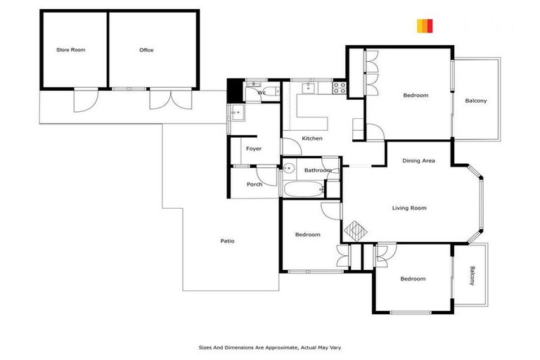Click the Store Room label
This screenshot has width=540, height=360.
[70, 50]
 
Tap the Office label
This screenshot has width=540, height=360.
[146, 50]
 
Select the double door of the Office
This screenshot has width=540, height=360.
[169, 98]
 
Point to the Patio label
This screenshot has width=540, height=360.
[227, 241]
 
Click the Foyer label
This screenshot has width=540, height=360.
[254, 148]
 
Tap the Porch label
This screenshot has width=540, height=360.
[254, 184]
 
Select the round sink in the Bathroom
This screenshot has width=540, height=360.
[288, 168]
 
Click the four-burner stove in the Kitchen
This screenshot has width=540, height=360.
[339, 88]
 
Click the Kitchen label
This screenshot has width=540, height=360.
[312, 139]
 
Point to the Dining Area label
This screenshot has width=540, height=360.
[418, 161]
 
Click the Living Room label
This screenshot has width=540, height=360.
[409, 208]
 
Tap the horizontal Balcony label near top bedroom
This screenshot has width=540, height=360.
[476, 101]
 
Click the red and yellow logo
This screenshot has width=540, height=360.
[425, 26]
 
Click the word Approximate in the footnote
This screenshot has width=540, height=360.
[269, 347]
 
